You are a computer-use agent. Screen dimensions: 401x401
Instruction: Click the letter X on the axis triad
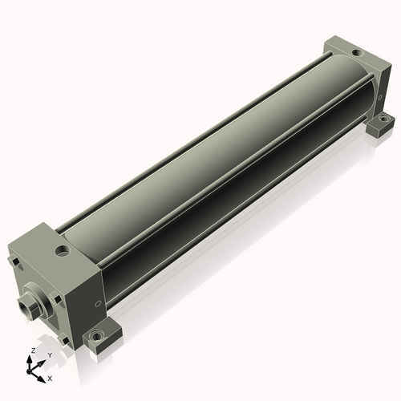pyautogui.click(x=50, y=379)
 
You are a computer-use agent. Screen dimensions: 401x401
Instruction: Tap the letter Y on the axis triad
pyautogui.click(x=50, y=355)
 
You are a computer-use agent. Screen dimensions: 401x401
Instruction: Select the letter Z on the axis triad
pyautogui.click(x=33, y=350)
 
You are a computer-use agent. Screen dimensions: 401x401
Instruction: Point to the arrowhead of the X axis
pyautogui.click(x=42, y=379)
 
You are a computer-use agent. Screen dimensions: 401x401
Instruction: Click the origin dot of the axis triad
pyautogui.click(x=29, y=372)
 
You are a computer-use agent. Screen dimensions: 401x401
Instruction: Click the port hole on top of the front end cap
pyautogui.click(x=63, y=251)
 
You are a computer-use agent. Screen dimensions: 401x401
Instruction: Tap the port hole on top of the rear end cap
pyautogui.click(x=357, y=53)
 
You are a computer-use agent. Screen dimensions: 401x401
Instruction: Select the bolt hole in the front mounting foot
pyautogui.click(x=95, y=334)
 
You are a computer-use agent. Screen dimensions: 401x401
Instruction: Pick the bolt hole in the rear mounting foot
pyautogui.click(x=383, y=117)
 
